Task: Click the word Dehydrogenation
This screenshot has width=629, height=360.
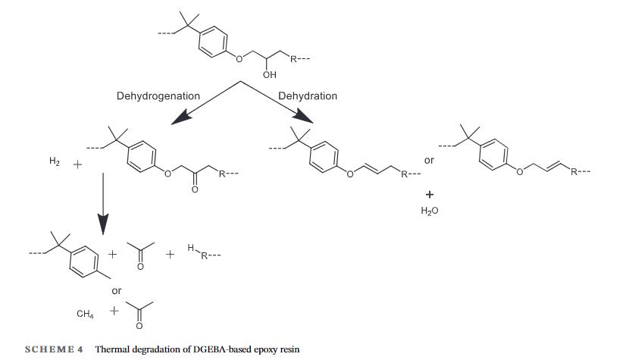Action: pyautogui.click(x=158, y=96)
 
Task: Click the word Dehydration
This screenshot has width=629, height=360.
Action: pyautogui.click(x=308, y=96)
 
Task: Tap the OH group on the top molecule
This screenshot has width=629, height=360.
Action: pyautogui.click(x=270, y=74)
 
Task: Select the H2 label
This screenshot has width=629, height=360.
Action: pyautogui.click(x=54, y=161)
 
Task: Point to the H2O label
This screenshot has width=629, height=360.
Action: pyautogui.click(x=429, y=211)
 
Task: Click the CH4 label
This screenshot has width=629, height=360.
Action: pyautogui.click(x=85, y=314)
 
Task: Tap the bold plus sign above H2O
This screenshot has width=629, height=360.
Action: pyautogui.click(x=430, y=195)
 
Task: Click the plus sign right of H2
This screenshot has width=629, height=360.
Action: pyautogui.click(x=77, y=164)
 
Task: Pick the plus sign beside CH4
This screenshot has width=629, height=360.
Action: pyautogui.click(x=114, y=311)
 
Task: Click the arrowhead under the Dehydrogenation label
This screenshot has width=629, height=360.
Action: pyautogui.click(x=181, y=117)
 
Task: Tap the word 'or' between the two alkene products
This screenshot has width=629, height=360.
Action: pyautogui.click(x=429, y=161)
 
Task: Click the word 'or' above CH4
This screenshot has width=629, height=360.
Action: pyautogui.click(x=117, y=291)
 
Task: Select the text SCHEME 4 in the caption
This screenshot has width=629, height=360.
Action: pyautogui.click(x=54, y=349)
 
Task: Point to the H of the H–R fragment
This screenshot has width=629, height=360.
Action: pyautogui.click(x=191, y=248)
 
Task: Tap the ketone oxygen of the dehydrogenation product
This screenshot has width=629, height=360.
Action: pyautogui.click(x=195, y=189)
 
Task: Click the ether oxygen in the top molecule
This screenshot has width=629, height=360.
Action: pyautogui.click(x=239, y=59)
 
